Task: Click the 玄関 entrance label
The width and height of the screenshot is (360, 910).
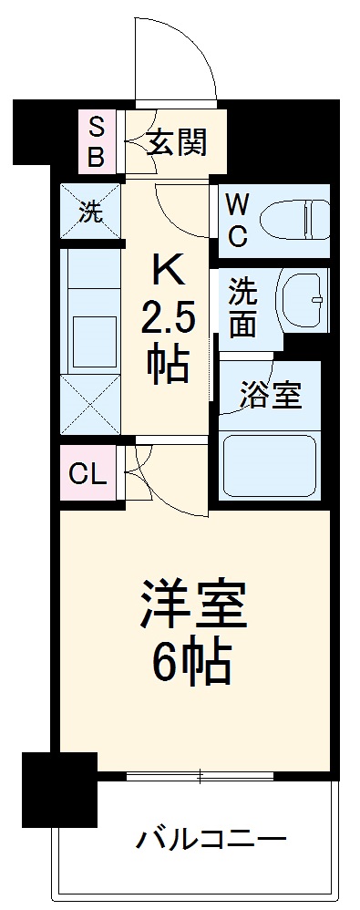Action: click(x=177, y=142)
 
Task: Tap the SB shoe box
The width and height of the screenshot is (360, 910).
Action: click(x=96, y=141)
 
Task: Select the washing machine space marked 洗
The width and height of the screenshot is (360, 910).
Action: click(x=90, y=213)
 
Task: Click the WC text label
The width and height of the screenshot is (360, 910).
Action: click(x=236, y=219)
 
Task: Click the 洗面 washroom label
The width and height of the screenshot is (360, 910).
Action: click(x=242, y=306)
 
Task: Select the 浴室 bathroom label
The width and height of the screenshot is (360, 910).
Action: click(x=270, y=397)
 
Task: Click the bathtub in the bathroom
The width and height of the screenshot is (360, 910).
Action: click(x=270, y=464)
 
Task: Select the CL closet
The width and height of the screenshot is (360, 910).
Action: click(x=88, y=473)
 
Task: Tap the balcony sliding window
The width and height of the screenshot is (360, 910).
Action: click(x=201, y=776)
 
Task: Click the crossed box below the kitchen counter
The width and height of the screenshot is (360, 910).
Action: click(x=90, y=402)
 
